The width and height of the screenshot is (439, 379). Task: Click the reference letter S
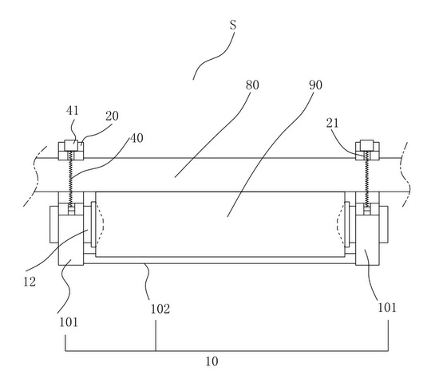pyautogui.click(x=233, y=26)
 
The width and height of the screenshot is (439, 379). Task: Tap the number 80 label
pyautogui.click(x=252, y=85)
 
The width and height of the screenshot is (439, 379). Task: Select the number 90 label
pyautogui.click(x=315, y=85)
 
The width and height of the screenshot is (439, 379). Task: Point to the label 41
pyautogui.click(x=73, y=111)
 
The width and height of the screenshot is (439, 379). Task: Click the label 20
pyautogui.click(x=112, y=116)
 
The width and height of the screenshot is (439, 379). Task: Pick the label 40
pyautogui.click(x=136, y=138)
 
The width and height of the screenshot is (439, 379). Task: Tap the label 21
pyautogui.click(x=332, y=123)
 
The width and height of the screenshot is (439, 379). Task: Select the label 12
pyautogui.click(x=30, y=282)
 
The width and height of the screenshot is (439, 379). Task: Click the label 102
pyautogui.click(x=160, y=309)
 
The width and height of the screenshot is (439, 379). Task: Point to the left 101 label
pyautogui.click(x=69, y=322)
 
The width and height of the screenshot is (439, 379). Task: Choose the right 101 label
pyautogui.click(x=387, y=308)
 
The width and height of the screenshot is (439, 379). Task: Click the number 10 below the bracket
pyautogui.click(x=212, y=361)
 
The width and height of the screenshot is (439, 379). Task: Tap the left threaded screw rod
pyautogui.click(x=71, y=180)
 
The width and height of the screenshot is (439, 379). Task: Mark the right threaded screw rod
pyautogui.click(x=366, y=180)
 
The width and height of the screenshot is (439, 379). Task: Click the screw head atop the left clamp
pyautogui.click(x=71, y=145)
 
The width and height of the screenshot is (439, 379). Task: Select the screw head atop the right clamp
pyautogui.click(x=367, y=145)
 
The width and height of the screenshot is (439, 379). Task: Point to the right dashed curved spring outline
pyautogui.click(x=338, y=224)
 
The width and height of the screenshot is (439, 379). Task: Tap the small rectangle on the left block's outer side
pyautogui.click(x=54, y=224)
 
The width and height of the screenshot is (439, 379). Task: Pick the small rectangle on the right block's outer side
pyautogui.click(x=384, y=224)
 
